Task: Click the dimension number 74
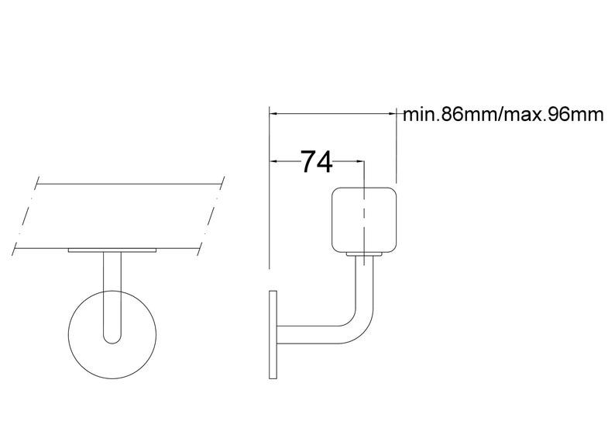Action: pos(316,162)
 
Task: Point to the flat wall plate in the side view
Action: pos(273,334)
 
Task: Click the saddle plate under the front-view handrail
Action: pos(113,251)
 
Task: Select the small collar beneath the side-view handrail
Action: pos(365,254)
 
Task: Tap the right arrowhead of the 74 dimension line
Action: pos(361,161)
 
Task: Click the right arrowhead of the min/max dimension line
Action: pos(393,113)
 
